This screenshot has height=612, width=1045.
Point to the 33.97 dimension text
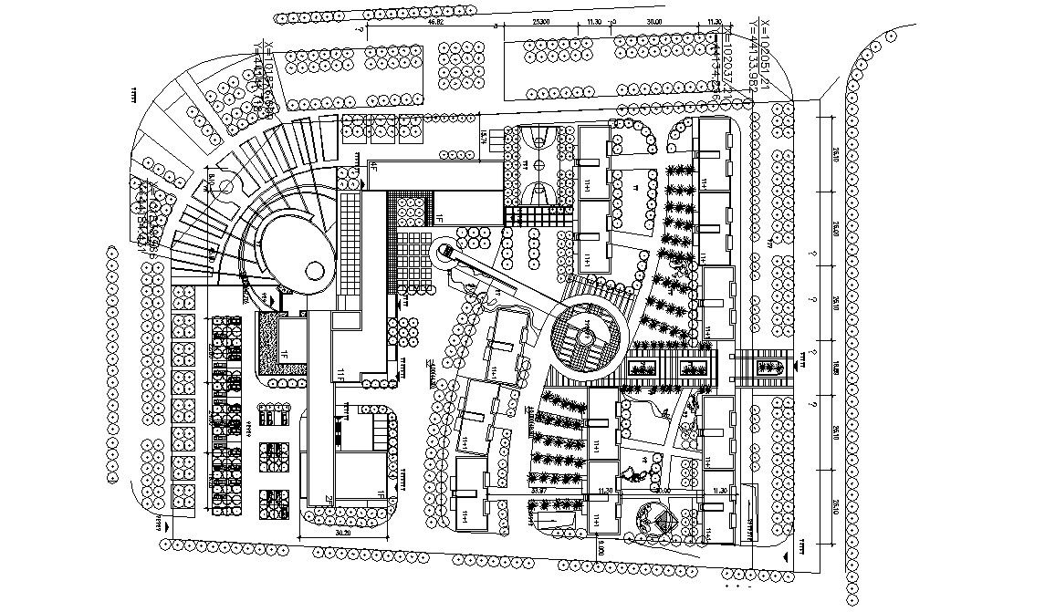(538, 491)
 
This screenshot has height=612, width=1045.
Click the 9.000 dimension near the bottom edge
(602, 549)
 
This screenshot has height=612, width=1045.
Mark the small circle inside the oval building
(313, 270)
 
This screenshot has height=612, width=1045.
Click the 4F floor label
(372, 166)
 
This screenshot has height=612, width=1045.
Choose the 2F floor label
(326, 499)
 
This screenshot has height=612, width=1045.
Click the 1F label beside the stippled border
(284, 352)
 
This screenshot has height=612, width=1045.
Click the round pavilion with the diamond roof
(655, 522)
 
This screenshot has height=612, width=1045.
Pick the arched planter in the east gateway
(770, 368)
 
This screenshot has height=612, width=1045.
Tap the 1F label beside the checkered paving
(438, 219)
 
